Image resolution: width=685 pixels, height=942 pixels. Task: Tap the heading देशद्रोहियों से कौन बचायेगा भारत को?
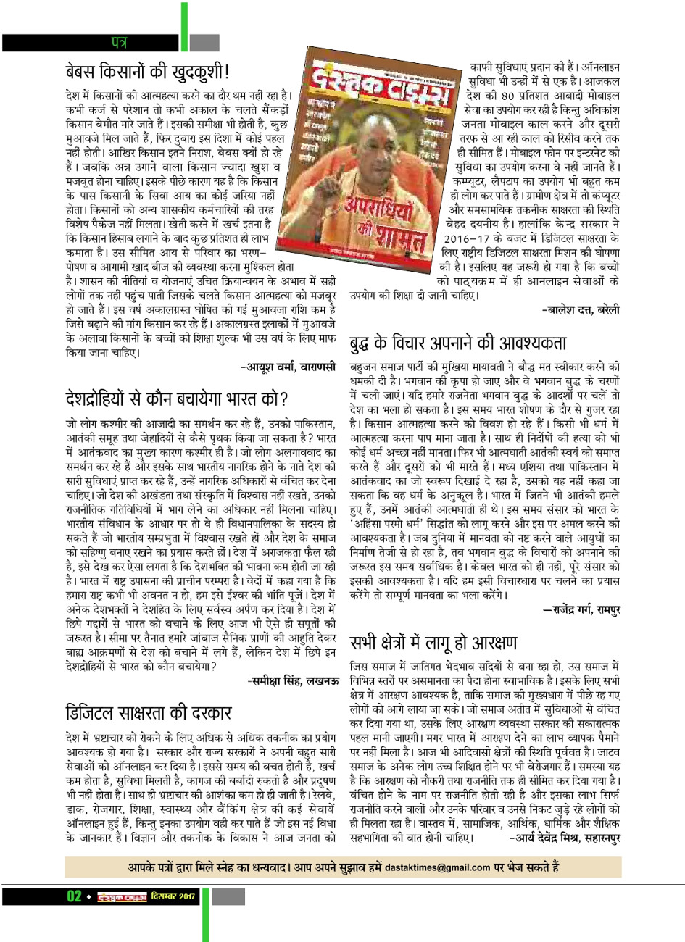[x=177, y=399]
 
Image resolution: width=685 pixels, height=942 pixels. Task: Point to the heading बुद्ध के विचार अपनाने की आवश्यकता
[x=458, y=343]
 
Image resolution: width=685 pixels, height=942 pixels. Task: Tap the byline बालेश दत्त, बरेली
[x=581, y=309]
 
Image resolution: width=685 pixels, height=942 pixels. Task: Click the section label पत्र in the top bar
[x=118, y=41]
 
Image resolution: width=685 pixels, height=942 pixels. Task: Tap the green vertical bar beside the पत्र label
[x=184, y=29]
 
